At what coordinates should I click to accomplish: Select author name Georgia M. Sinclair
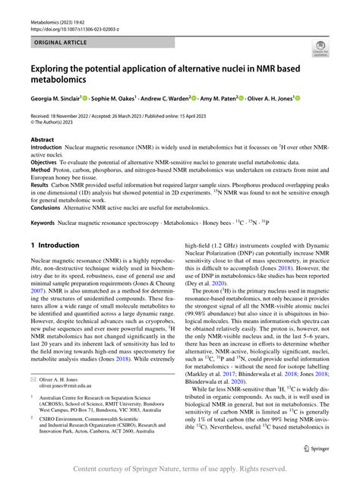point(60,98)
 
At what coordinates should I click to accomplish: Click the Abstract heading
point(42,141)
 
